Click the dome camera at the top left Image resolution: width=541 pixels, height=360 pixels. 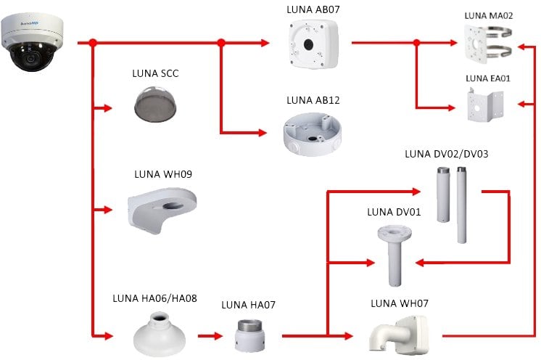(33, 44)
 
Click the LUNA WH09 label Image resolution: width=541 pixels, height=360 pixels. (163, 174)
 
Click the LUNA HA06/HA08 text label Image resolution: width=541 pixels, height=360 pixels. (155, 298)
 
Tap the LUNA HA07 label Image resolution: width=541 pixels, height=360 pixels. (249, 304)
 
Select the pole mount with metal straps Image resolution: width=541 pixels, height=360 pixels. (486, 46)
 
